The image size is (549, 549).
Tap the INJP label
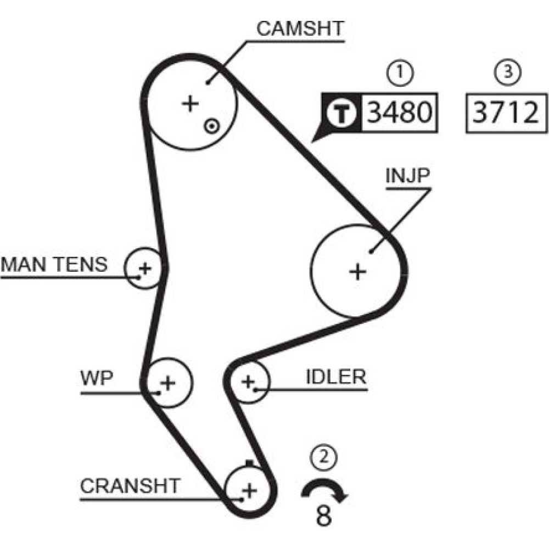click(x=407, y=177)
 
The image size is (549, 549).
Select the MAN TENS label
click(x=54, y=265)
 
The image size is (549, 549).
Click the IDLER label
click(x=335, y=377)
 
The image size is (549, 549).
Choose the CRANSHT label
click(x=130, y=486)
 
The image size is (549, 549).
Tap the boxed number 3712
click(x=506, y=113)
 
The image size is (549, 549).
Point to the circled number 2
click(x=323, y=455)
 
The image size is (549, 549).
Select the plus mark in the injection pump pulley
click(x=358, y=271)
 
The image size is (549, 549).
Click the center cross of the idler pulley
click(x=248, y=380)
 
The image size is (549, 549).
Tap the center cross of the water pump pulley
click(x=168, y=382)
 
